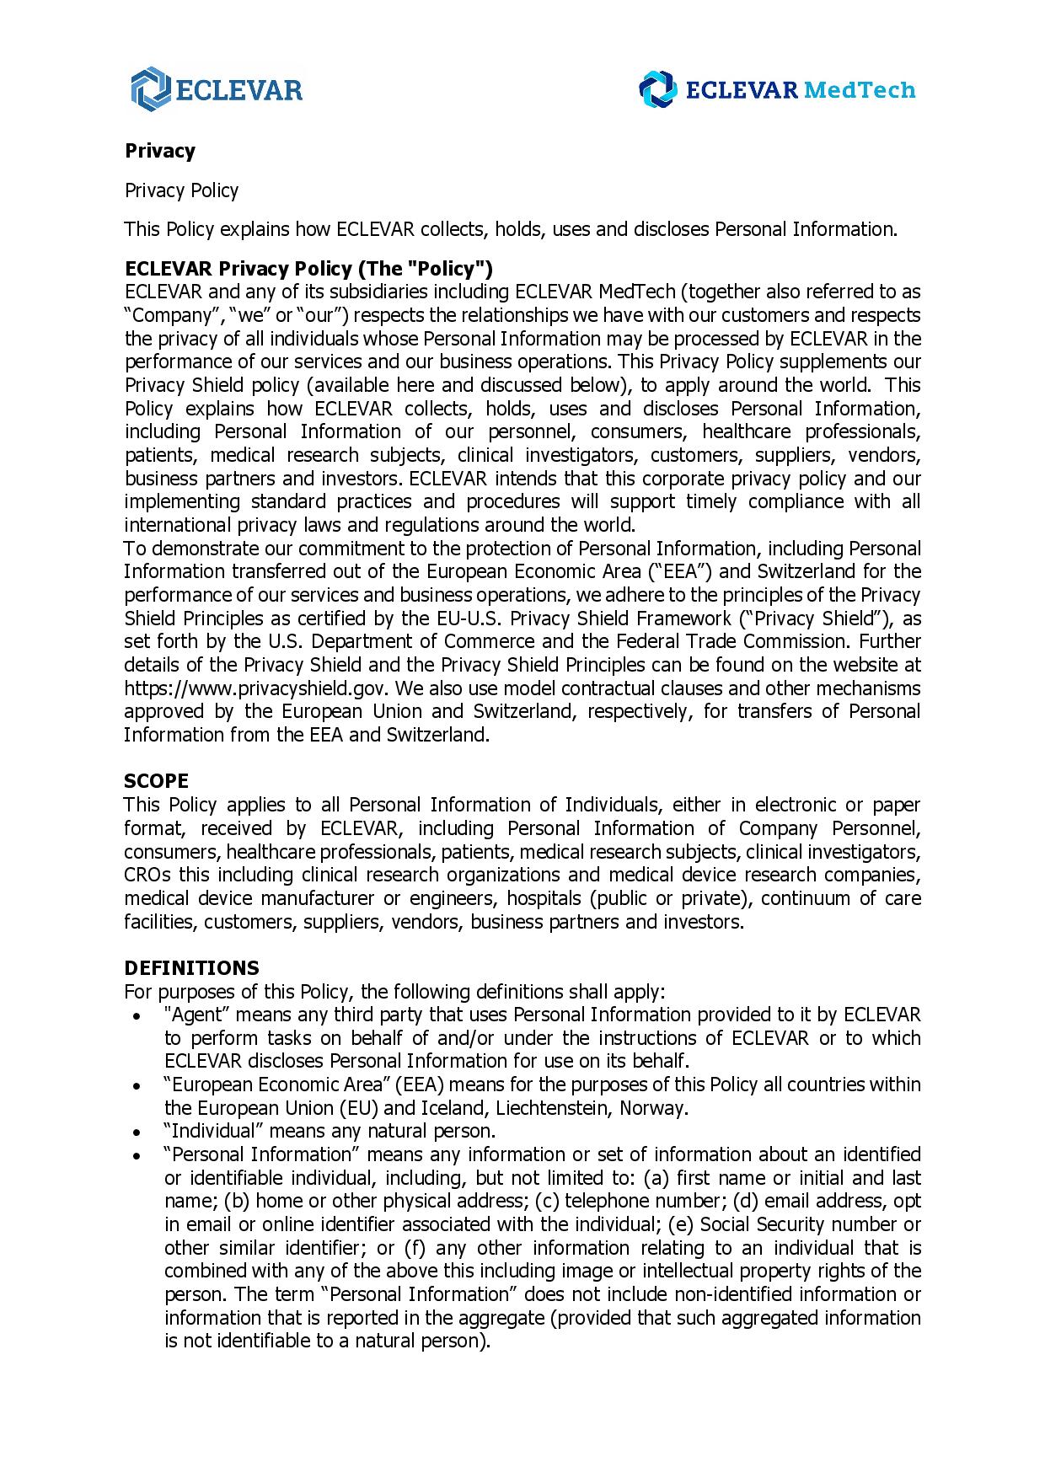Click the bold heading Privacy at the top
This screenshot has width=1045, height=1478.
(x=160, y=151)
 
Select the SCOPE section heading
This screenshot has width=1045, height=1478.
(x=156, y=780)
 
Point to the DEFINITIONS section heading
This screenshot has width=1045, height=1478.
(x=191, y=967)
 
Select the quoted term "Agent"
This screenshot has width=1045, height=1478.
(x=191, y=1014)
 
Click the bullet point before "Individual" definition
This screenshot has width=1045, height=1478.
(x=137, y=1132)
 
